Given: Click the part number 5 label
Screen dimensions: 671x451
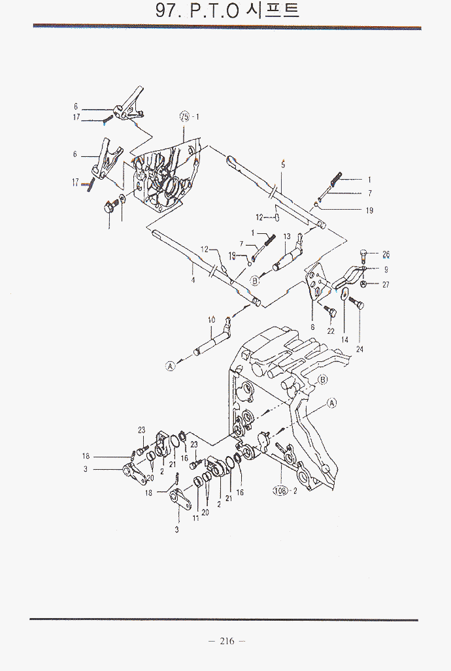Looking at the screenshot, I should [x=283, y=165].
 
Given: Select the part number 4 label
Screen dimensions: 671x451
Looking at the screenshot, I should [x=193, y=280].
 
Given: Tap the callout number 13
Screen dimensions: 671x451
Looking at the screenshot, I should [x=286, y=236].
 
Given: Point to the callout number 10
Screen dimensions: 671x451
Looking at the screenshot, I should [x=211, y=320].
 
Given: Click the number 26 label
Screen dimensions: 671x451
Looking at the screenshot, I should [x=386, y=254].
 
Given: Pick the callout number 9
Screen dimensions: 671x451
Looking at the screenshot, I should [x=386, y=269].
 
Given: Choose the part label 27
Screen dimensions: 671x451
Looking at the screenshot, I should [x=386, y=284].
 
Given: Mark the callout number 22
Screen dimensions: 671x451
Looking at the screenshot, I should [x=331, y=331].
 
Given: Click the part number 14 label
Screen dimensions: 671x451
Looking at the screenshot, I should [x=344, y=340].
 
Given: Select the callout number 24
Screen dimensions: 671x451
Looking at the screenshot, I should [x=359, y=349].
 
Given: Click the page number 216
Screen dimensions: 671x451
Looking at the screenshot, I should [x=226, y=641].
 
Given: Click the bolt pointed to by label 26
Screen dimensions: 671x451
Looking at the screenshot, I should [x=364, y=255].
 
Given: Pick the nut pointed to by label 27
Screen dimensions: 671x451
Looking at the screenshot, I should [x=364, y=284].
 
